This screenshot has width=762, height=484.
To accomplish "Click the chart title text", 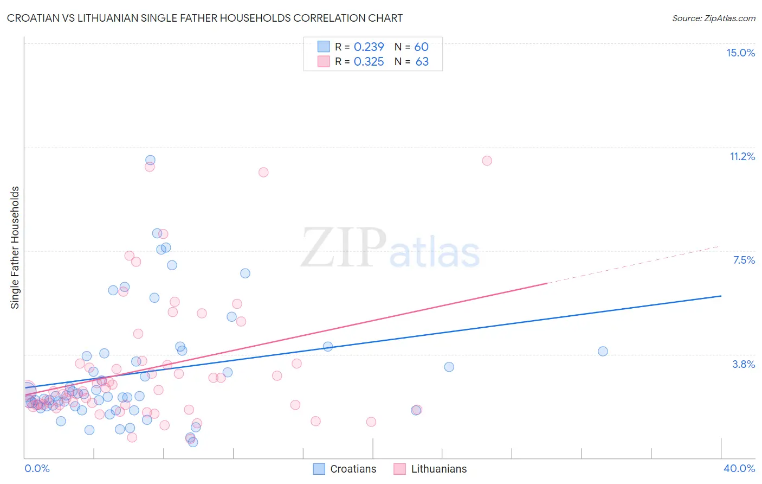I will click(x=205, y=18).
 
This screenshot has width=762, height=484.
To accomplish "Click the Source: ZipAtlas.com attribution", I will click(x=713, y=18).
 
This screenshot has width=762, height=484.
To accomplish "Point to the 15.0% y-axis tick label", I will click(x=740, y=53).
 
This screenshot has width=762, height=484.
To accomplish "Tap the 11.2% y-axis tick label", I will click(x=742, y=156).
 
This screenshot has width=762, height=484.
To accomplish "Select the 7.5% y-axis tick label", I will click(x=744, y=260).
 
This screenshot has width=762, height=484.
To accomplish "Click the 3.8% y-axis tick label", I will click(x=744, y=364).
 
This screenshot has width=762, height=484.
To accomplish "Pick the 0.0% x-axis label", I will click(x=37, y=468).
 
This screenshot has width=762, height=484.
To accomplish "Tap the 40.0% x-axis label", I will click(x=739, y=468).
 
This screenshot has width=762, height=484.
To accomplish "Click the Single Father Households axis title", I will click(x=15, y=247).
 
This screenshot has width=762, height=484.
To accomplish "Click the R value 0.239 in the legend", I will click(x=369, y=47).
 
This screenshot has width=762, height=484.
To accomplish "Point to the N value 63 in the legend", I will click(x=422, y=62).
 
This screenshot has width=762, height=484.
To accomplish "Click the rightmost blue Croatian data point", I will click(x=603, y=351).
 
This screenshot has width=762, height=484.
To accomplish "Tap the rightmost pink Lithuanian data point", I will click(x=487, y=161).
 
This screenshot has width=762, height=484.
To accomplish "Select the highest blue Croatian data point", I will click(x=150, y=160).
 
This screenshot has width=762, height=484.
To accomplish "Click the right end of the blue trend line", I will click(x=720, y=296).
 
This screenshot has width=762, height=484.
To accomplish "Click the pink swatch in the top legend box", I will click(x=324, y=61).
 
